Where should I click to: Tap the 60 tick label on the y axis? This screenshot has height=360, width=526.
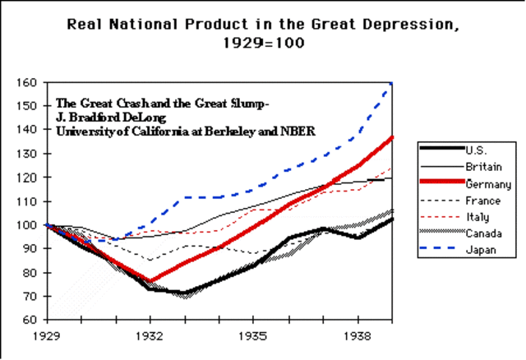(x=30, y=320)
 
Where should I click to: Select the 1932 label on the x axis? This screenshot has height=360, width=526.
(x=149, y=336)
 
